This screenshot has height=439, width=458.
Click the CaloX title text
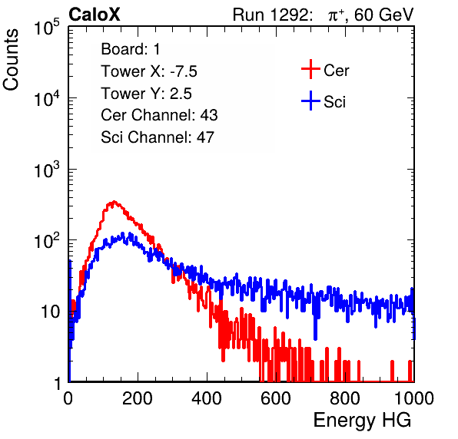pos(94,15)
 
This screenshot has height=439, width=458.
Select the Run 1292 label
pos(270,15)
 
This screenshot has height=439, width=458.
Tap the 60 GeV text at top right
pos(384,15)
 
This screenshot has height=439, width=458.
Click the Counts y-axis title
pos(11,60)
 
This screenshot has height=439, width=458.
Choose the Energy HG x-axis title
pos(362,421)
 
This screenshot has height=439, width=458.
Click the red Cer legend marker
pos(310,69)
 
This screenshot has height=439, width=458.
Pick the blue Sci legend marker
pos(310,101)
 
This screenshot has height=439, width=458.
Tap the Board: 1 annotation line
pos(131,49)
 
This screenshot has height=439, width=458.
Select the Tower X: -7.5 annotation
pos(149,71)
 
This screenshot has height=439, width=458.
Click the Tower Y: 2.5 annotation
pos(146,94)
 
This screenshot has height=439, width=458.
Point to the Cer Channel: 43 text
pos(159,115)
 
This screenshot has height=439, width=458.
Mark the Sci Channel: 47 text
pos(158,137)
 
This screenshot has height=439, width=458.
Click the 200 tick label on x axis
pos(138,398)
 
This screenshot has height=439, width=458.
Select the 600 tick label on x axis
pos(276,398)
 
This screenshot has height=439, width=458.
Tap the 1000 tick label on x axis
pos(414,398)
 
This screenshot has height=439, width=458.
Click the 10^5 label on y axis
pos(47,27)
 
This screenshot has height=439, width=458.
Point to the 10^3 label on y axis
pos(47,170)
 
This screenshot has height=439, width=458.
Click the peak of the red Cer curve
pos(114,201)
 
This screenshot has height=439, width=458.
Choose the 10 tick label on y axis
pos(51,312)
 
